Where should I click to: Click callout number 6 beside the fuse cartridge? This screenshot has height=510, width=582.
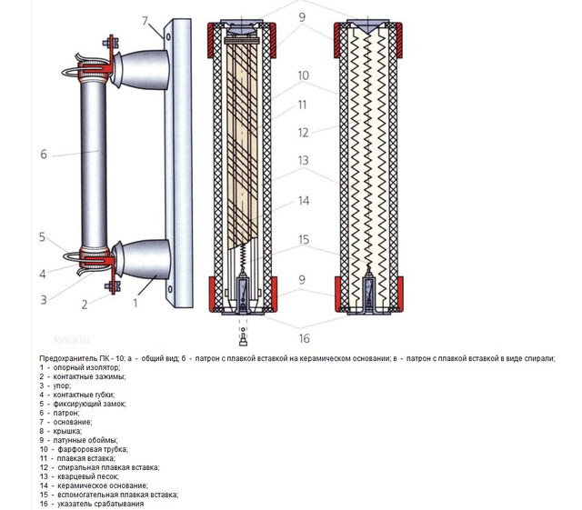(x=43, y=155)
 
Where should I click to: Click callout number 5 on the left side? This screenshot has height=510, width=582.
(x=42, y=237)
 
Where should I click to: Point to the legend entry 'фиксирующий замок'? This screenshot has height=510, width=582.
(x=92, y=403)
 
